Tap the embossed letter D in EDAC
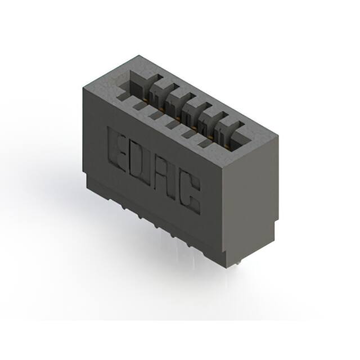(x=142, y=163)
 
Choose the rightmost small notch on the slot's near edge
(x=204, y=143)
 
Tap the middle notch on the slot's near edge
(x=169, y=123)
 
